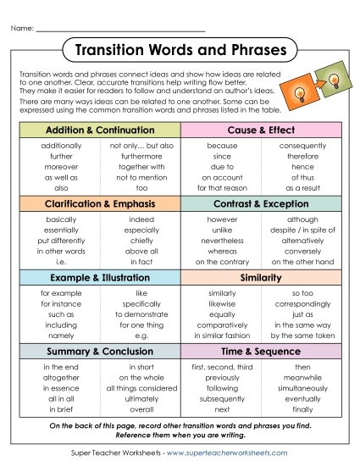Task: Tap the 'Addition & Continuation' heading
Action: point(99,130)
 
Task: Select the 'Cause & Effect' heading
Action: point(261,130)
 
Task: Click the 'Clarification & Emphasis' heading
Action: point(99,204)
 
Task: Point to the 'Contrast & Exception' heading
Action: point(261,204)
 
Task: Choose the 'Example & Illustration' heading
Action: point(99,277)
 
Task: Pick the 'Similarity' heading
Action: point(261,277)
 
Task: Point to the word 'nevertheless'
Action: point(221,240)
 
